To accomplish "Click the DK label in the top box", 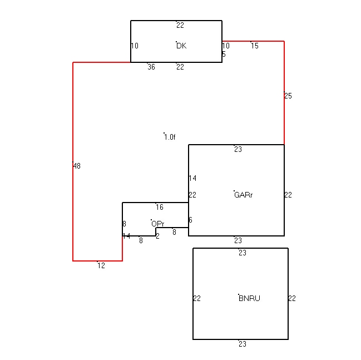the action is [x=181, y=46].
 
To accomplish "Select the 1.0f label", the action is [x=170, y=137].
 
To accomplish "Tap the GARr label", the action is [x=243, y=195].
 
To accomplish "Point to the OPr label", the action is [x=158, y=224].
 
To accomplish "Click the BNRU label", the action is [x=249, y=298].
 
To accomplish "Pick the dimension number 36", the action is [x=151, y=67].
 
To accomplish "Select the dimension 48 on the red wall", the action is [x=77, y=166].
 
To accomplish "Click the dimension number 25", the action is [x=288, y=96].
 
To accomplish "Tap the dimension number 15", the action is [x=255, y=46].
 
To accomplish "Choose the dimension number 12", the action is [x=101, y=265].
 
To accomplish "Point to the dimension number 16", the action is [x=160, y=207].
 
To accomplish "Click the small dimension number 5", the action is [x=224, y=55].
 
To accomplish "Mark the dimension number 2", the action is [x=157, y=236].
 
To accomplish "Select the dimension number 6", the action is [x=190, y=220].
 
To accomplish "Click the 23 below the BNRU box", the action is [x=243, y=344].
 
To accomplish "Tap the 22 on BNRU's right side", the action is [x=292, y=298].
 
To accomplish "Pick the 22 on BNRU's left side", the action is [x=197, y=298].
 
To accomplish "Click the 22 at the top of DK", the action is [x=180, y=25].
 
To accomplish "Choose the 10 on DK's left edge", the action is [x=135, y=46].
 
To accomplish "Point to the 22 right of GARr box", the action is [x=288, y=195].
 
